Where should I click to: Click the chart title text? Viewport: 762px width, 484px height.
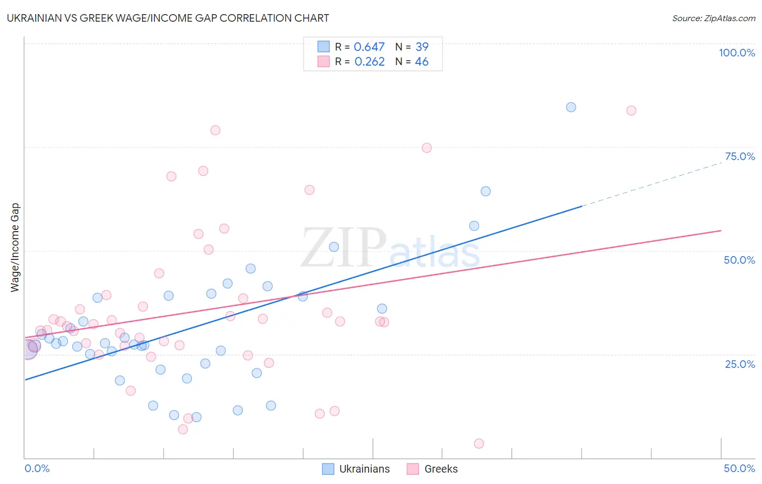pyautogui.click(x=168, y=18)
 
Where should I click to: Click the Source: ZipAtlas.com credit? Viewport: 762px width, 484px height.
pyautogui.click(x=713, y=18)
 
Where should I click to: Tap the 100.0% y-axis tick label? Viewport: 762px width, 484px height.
pyautogui.click(x=737, y=53)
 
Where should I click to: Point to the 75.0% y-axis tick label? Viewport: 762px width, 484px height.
pyautogui.click(x=740, y=156)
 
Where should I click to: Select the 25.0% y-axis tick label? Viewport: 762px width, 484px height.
pyautogui.click(x=740, y=364)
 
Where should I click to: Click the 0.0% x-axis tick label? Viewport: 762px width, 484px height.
pyautogui.click(x=37, y=468)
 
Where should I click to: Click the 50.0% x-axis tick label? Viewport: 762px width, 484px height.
pyautogui.click(x=739, y=468)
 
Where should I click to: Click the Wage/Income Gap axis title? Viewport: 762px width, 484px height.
pyautogui.click(x=15, y=247)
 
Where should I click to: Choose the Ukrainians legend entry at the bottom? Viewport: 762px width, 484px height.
pyautogui.click(x=356, y=469)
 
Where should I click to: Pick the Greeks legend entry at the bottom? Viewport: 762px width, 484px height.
pyautogui.click(x=432, y=469)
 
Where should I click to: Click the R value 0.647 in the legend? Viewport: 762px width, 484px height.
pyautogui.click(x=369, y=47)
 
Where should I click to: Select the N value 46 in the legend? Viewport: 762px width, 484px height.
pyautogui.click(x=422, y=62)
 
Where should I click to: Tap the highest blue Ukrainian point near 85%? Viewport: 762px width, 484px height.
pyautogui.click(x=571, y=107)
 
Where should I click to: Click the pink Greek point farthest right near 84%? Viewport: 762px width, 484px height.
pyautogui.click(x=631, y=111)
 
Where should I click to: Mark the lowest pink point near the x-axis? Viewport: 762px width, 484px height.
pyautogui.click(x=479, y=443)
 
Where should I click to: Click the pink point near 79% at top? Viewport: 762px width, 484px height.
pyautogui.click(x=215, y=130)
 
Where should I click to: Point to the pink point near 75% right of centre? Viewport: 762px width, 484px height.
pyautogui.click(x=427, y=148)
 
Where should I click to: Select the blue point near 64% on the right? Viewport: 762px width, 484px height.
pyautogui.click(x=486, y=191)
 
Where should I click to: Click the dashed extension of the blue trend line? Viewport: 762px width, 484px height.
pyautogui.click(x=650, y=184)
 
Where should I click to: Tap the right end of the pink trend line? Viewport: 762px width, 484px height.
pyautogui.click(x=720, y=231)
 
